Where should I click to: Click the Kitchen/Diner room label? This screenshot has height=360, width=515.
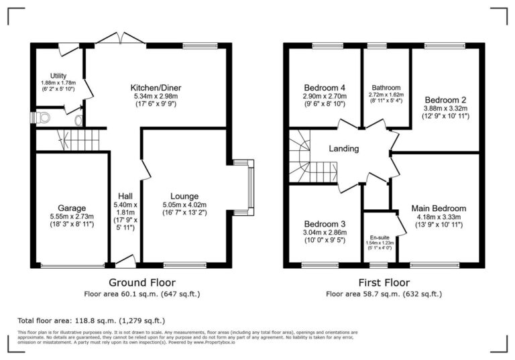pos(156,88)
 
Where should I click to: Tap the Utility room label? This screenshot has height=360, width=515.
pos(57,76)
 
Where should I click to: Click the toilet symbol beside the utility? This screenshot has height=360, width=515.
pos(43,118)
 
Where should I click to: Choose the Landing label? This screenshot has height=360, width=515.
pos(345,149)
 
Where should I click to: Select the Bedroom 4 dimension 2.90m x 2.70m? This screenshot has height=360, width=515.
pos(325,97)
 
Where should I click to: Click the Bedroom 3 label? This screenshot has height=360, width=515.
pos(325,223)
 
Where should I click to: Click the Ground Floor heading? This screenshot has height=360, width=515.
pos(141,282)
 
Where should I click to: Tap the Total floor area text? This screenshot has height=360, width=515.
pos(91,320)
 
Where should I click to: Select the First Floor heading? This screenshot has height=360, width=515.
pos(383,282)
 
